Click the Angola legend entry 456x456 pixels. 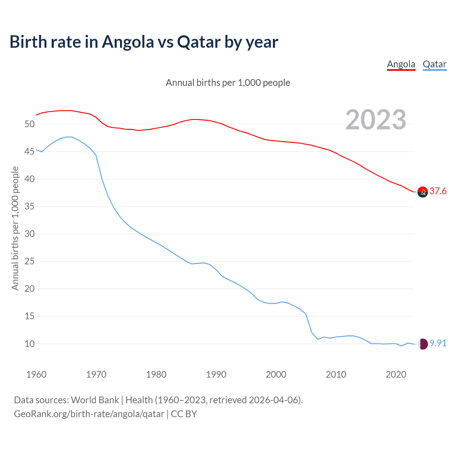pos(401,64)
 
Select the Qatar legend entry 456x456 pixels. pos(434,64)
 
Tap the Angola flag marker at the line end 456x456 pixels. pos(423,192)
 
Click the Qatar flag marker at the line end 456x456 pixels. pos(423,344)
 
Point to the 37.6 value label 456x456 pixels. pos(438,191)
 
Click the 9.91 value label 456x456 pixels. pos(438,343)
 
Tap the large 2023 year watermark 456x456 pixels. pos(376,120)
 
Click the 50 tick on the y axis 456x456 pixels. pos(30,124)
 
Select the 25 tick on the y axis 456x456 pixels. pos(30,261)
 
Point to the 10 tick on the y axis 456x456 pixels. pos(30,344)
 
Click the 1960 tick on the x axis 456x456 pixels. pos(36,374)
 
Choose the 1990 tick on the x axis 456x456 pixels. pos(216,374)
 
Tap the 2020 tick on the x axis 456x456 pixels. pos(396,374)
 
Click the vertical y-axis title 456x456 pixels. pos(15,228)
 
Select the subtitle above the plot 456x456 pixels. pos(228,83)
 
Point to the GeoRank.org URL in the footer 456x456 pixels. pos(89,414)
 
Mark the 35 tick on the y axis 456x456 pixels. pos(30,207)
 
